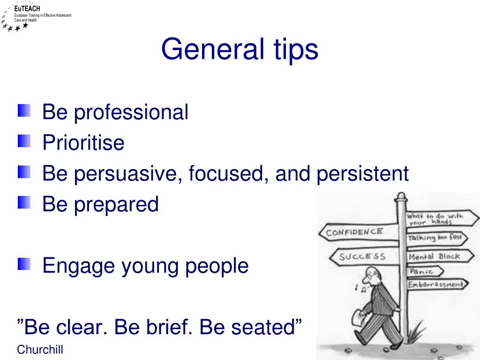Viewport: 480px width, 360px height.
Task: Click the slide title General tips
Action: click(240, 50)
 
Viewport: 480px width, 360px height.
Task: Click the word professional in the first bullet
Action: click(131, 112)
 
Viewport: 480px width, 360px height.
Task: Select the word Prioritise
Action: click(83, 143)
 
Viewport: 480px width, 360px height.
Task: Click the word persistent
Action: click(362, 174)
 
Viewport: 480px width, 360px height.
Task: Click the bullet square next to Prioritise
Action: click(24, 141)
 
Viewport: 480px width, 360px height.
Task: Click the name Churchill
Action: click(40, 350)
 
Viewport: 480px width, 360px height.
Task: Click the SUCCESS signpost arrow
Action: click(362, 257)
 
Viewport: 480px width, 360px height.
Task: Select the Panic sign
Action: click(420, 272)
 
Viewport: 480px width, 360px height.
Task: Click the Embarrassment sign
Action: click(435, 285)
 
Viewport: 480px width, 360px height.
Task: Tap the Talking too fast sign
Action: click(435, 238)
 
